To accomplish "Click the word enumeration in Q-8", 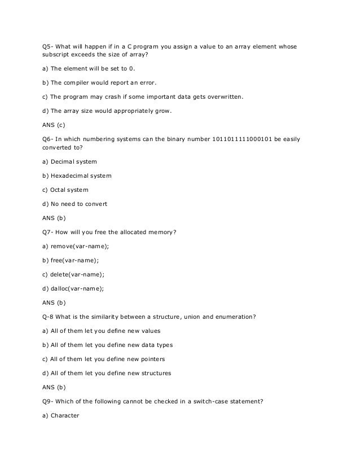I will pyautogui.click(x=234, y=317).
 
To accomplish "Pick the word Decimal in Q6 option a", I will pyautogui.click(x=66, y=162).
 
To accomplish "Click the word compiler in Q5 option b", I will pyautogui.click(x=82, y=83).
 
